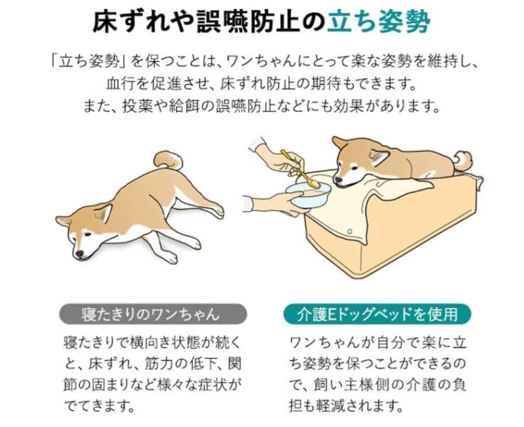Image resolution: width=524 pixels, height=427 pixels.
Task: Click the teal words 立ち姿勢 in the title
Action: pyautogui.click(x=379, y=21)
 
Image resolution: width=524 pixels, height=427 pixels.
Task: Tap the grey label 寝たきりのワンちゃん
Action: pyautogui.click(x=151, y=315)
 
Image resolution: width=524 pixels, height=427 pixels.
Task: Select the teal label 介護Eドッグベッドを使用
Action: pyautogui.click(x=377, y=315)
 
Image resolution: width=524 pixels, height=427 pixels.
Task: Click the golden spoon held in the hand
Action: pyautogui.click(x=301, y=169)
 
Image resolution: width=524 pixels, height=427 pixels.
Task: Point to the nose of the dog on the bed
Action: pyautogui.click(x=338, y=182)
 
